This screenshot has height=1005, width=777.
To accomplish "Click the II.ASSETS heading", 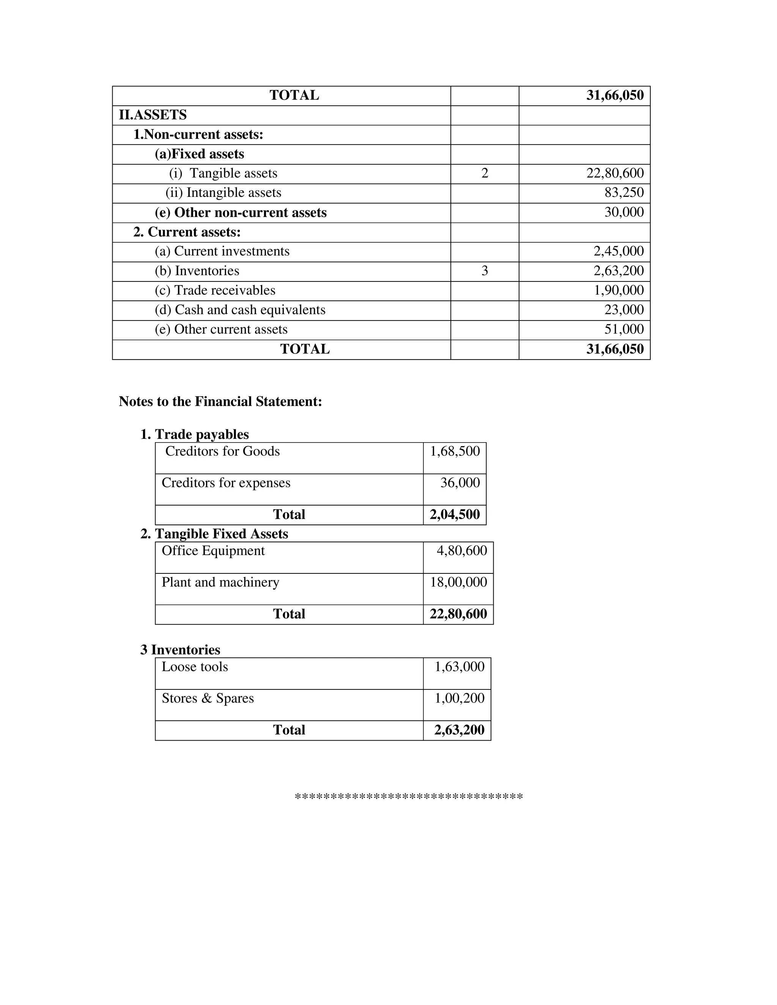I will pos(153,115).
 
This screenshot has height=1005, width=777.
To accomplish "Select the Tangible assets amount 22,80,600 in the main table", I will pos(615,173).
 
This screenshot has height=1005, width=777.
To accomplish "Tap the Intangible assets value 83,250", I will pos(624,193).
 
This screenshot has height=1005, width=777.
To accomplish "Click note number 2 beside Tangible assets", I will pos(484,173).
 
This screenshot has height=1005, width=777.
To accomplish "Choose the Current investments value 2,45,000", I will pos(618,251).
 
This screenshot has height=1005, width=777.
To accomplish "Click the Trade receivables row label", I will pos(215,291).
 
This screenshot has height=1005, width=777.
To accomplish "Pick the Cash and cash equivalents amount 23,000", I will pos(624,310).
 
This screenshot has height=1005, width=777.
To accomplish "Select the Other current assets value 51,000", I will pos(624,330).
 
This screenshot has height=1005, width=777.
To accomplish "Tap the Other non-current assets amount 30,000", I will pos(624,213).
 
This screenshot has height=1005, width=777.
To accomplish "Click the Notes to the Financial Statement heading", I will pos(220,402).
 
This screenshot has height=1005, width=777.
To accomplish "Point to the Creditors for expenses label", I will pos(226,483).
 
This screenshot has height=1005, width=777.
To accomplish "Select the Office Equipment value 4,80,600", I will pos(461,551).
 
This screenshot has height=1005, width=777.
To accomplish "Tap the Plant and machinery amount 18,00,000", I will pos(458,582).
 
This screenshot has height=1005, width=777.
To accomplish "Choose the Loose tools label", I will pos(195,667).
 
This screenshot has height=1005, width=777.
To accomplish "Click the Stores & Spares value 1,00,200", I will pos(459,698).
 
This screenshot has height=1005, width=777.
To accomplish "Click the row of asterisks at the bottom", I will pos(408,796).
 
